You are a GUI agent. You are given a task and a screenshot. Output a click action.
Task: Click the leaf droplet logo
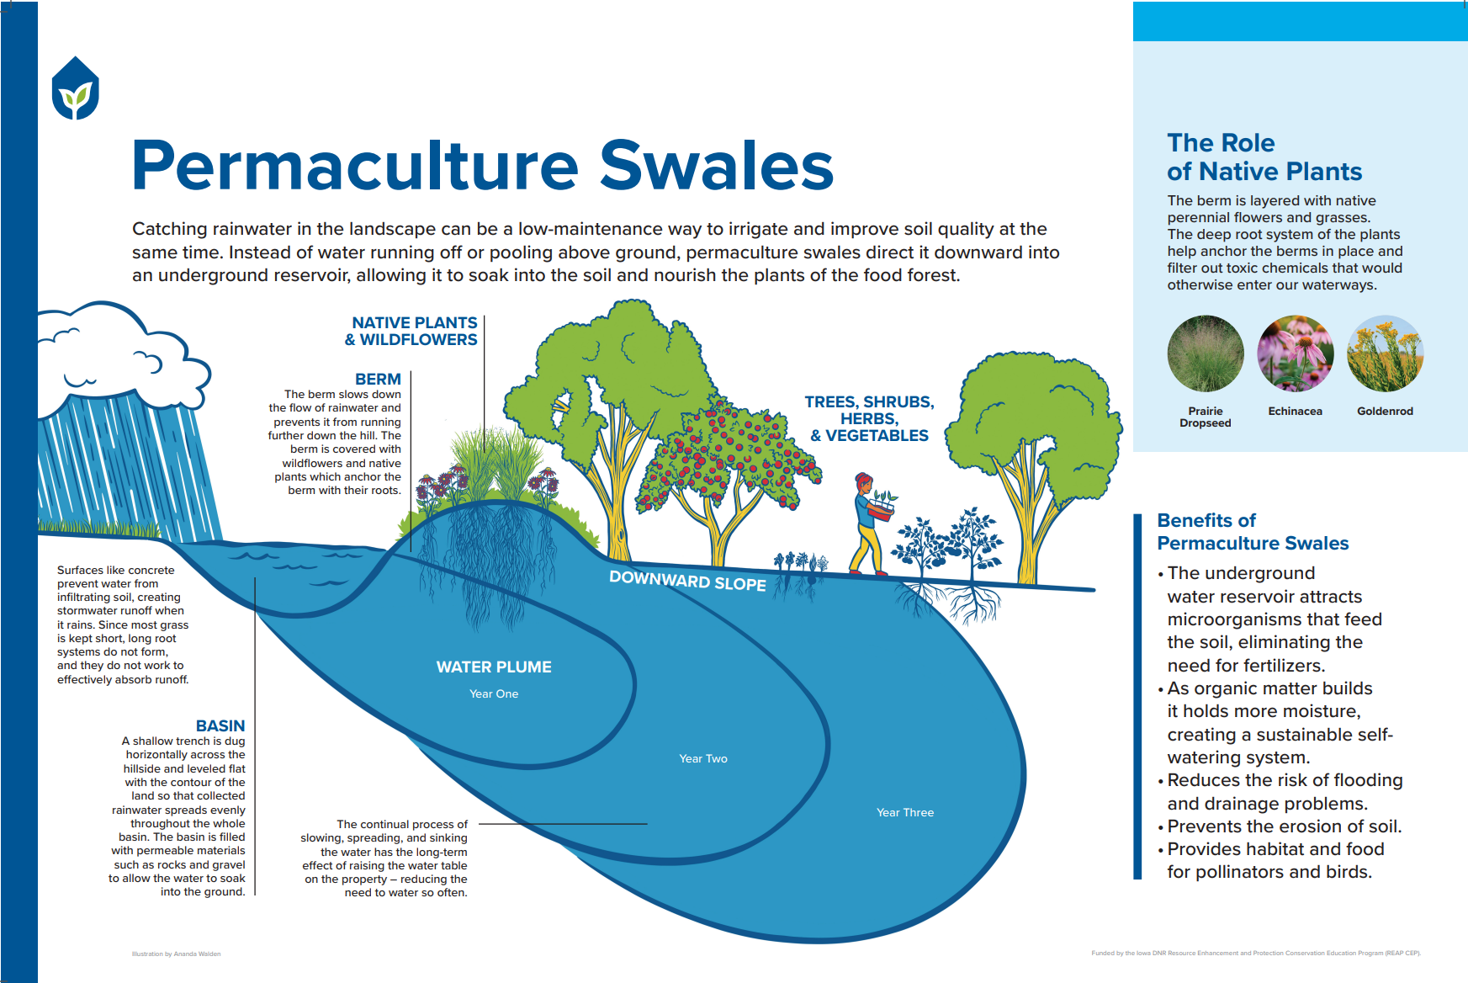coord(76,88)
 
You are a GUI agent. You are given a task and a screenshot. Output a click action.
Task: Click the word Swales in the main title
coord(716,166)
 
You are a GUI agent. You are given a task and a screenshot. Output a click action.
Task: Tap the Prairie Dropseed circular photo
coord(1205,353)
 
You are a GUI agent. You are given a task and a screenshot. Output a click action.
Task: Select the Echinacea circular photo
coord(1295,353)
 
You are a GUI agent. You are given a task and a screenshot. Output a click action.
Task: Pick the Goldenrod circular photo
coord(1385,353)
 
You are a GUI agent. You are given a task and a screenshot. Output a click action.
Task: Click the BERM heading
coord(378,380)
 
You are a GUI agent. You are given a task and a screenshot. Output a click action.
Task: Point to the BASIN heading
coord(220,725)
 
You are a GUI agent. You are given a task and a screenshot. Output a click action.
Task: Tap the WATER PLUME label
coord(494,667)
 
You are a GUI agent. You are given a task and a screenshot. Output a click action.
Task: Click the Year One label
coord(494,694)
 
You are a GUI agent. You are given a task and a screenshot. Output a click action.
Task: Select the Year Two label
coord(703,759)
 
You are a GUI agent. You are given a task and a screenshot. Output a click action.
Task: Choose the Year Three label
coord(905,813)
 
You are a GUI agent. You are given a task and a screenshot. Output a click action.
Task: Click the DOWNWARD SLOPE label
coord(687,581)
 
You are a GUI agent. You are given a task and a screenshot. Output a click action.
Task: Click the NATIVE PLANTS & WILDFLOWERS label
coord(412,332)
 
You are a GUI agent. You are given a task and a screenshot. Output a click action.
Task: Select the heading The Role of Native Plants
coord(1264,157)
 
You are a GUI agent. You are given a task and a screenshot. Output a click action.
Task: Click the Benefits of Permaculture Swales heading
coord(1252,532)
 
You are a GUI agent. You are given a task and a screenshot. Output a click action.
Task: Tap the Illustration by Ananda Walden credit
coord(176,954)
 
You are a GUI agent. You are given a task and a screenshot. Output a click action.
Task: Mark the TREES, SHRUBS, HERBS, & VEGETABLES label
coord(869,419)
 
